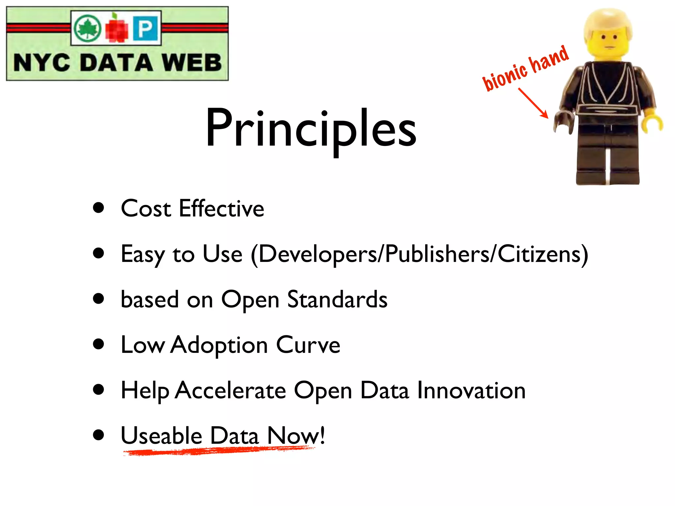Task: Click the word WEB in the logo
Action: (191, 63)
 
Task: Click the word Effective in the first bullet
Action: (221, 209)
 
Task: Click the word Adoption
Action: (220, 345)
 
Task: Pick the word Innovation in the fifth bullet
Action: (471, 390)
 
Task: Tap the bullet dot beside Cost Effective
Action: (98, 208)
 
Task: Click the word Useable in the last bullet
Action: (161, 436)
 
